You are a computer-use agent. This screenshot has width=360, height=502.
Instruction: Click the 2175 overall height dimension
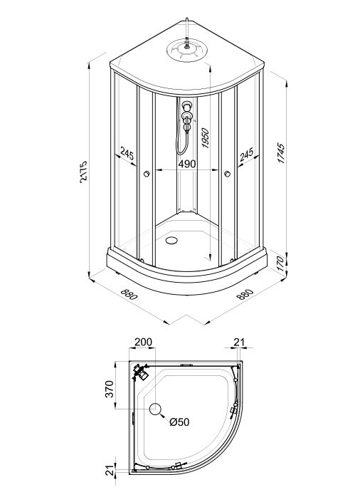[x=83, y=172]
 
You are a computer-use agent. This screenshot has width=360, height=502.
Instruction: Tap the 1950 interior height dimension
[x=205, y=138]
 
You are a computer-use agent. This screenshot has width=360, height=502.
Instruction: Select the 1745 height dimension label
[x=280, y=153]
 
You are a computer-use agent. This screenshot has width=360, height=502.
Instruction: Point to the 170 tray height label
[x=280, y=263]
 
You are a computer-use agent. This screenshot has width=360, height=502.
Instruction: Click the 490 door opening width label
[x=187, y=164]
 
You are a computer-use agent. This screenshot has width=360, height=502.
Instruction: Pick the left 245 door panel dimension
[x=127, y=153]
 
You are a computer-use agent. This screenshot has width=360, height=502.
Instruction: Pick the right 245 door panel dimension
[x=246, y=154]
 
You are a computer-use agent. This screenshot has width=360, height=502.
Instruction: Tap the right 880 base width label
[x=245, y=294]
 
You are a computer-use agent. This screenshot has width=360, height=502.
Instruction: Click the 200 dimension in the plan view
[x=143, y=342]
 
